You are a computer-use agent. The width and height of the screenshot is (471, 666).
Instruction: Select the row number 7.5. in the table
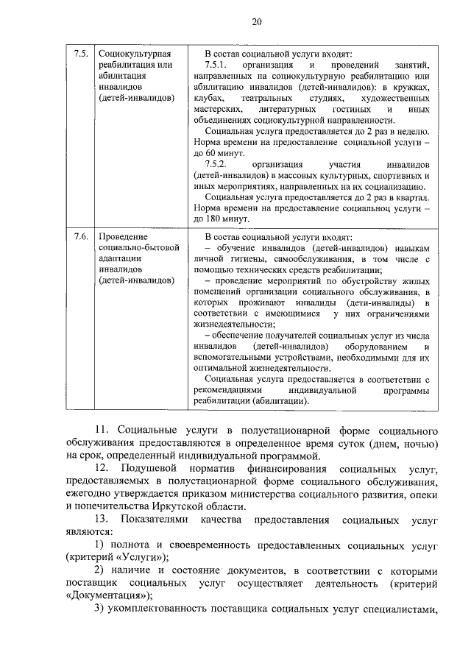(x=81, y=54)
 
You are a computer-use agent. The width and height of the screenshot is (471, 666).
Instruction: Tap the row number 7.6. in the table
(x=81, y=237)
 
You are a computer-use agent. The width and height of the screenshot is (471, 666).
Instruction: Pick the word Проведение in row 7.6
(x=123, y=237)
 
